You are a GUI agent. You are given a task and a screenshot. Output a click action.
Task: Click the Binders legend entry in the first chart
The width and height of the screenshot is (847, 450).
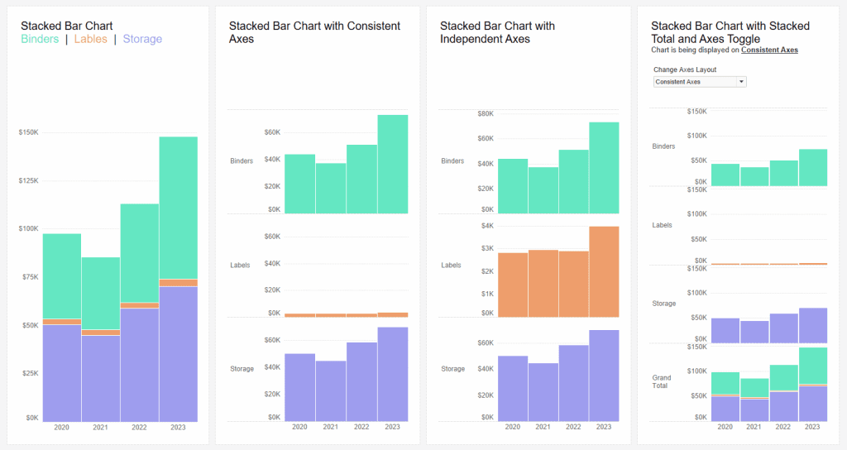point(40,39)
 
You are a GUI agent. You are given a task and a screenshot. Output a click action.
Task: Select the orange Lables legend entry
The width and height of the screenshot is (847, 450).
point(90,39)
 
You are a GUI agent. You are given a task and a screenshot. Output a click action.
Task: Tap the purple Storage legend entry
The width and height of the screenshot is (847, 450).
point(142,39)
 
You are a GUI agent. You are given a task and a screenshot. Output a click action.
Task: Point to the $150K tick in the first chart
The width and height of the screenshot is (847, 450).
point(29,132)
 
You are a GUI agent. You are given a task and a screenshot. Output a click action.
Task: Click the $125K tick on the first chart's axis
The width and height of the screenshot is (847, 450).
point(29,180)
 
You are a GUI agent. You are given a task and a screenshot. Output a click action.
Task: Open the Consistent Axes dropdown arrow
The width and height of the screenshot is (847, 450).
point(741,82)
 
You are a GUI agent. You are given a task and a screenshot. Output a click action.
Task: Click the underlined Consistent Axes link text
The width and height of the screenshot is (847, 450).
point(769,50)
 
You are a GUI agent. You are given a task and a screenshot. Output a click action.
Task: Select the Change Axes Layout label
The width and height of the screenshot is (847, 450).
point(685,70)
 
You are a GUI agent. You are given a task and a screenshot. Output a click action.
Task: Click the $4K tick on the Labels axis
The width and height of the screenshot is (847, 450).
point(487,225)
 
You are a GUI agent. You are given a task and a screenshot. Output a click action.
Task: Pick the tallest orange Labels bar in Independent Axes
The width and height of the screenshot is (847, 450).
point(604,270)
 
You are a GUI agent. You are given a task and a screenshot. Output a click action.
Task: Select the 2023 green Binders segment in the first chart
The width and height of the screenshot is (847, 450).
point(178,207)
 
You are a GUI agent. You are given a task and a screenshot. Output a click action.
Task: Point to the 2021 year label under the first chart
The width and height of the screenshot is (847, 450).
point(100,427)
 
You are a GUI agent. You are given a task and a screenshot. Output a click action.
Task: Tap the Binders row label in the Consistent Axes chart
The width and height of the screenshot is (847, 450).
point(242,160)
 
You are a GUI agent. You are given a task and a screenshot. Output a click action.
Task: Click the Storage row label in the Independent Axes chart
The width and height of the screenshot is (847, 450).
point(452,369)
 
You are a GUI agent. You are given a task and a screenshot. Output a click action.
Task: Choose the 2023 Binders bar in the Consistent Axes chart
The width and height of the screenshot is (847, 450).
point(393,163)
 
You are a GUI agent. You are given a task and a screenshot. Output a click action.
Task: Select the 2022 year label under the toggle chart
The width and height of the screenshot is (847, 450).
point(783,427)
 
